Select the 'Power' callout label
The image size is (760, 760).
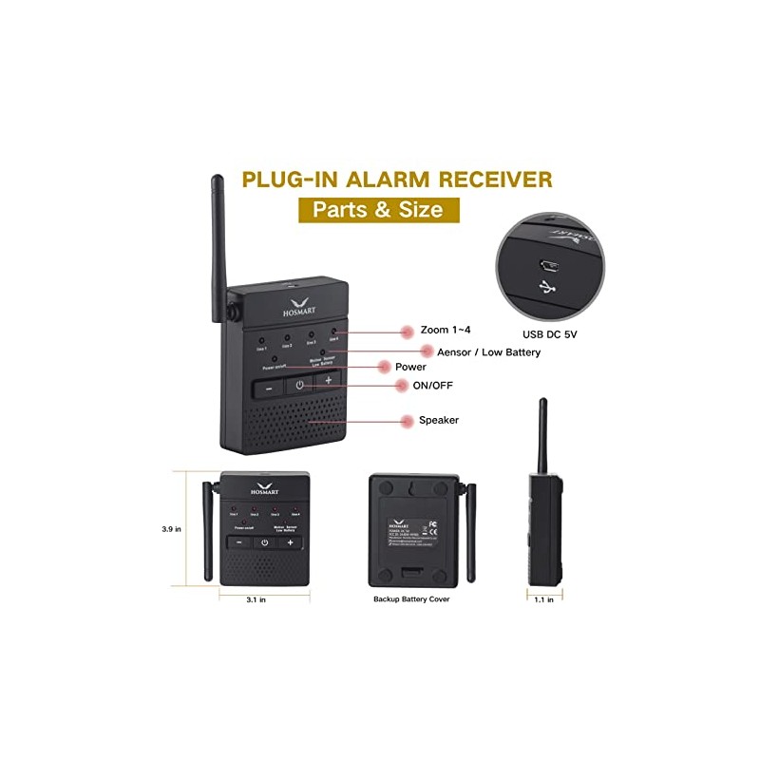pyautogui.click(x=410, y=367)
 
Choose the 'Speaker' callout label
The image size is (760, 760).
pyautogui.click(x=438, y=419)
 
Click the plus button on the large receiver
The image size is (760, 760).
pyautogui.click(x=329, y=380)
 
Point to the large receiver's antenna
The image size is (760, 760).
pyautogui.click(x=218, y=237)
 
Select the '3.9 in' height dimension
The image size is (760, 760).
pyautogui.click(x=172, y=529)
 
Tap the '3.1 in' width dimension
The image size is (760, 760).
pyautogui.click(x=256, y=599)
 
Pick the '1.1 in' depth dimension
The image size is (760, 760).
pyautogui.click(x=543, y=599)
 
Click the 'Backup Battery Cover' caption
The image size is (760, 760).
pyautogui.click(x=411, y=599)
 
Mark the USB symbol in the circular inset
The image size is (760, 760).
pyautogui.click(x=548, y=286)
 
